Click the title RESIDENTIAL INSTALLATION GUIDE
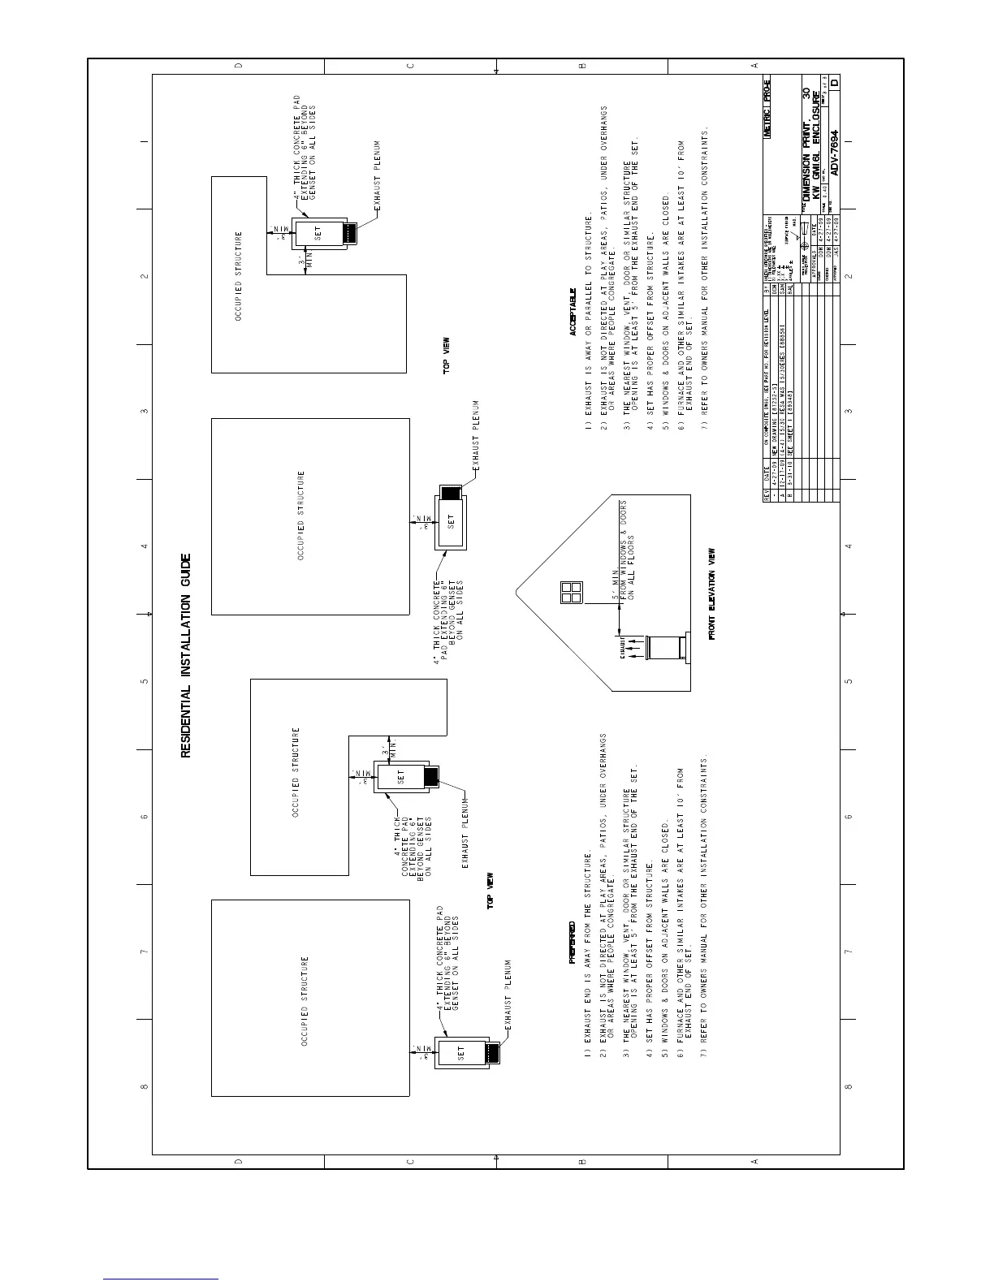[186, 655]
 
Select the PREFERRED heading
[572, 943]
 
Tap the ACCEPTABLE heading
[572, 312]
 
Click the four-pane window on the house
[570, 592]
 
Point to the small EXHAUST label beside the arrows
[623, 652]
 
